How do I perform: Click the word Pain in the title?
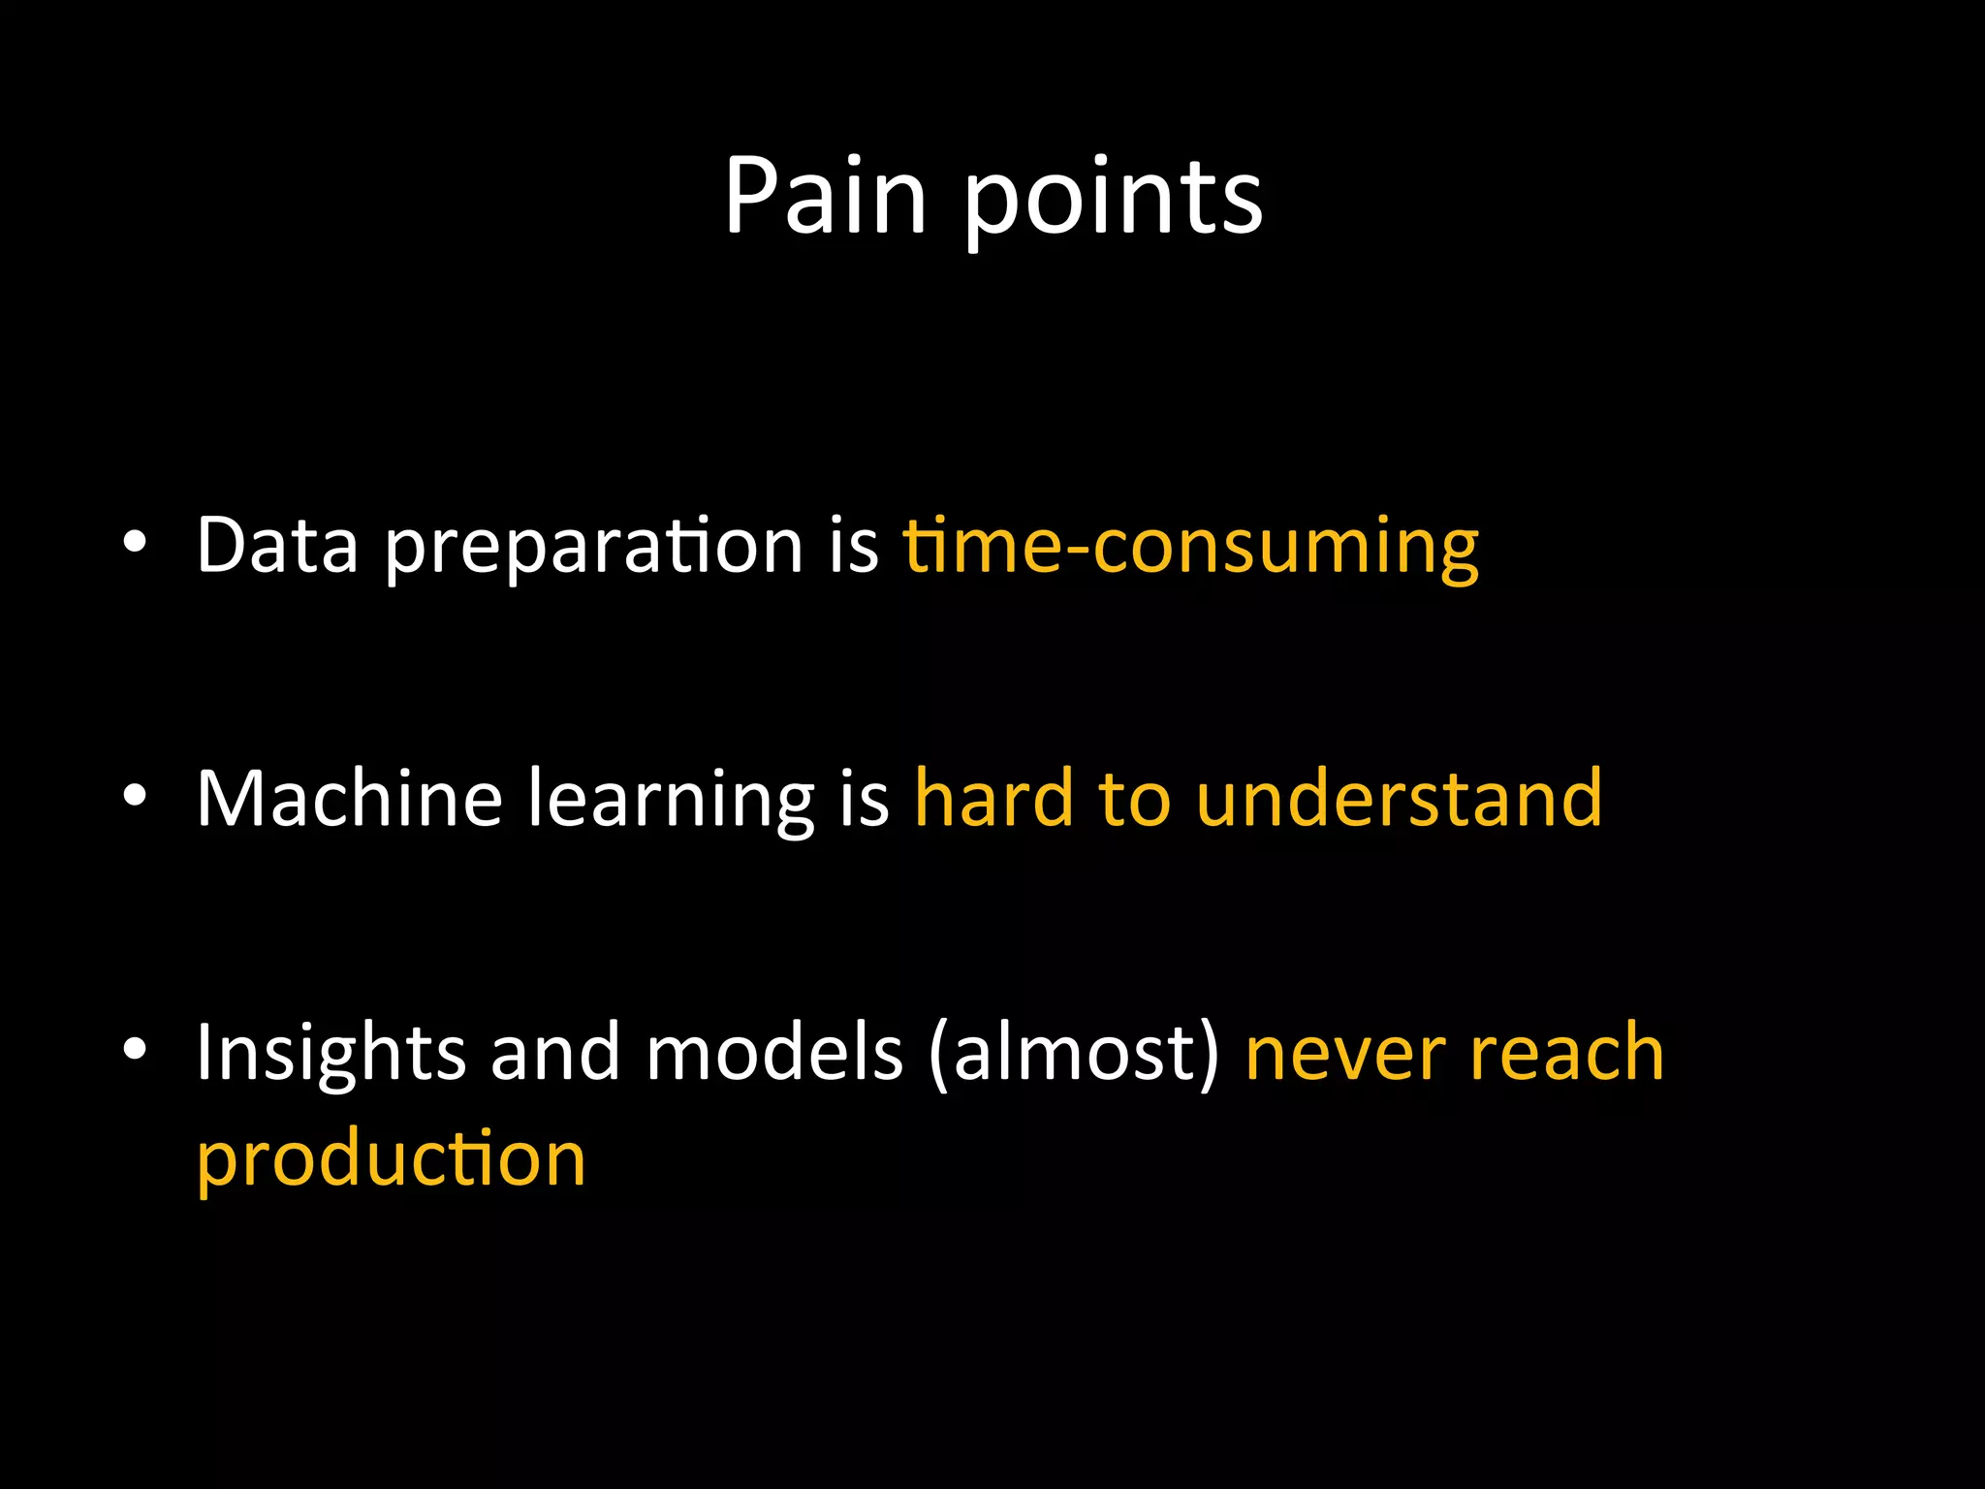point(825,196)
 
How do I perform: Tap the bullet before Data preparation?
point(135,543)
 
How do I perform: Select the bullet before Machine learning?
point(135,796)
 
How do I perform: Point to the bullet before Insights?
point(135,1049)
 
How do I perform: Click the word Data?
point(277,546)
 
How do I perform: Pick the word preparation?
point(593,549)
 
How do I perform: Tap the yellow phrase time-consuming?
point(1190,549)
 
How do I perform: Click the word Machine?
point(349,798)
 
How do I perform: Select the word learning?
point(671,802)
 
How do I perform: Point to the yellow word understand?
point(1399,798)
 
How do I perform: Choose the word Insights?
point(331,1055)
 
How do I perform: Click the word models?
point(773,1053)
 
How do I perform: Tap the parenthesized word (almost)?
point(1073,1055)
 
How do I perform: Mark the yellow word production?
point(391,1160)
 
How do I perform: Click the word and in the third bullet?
point(554,1053)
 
